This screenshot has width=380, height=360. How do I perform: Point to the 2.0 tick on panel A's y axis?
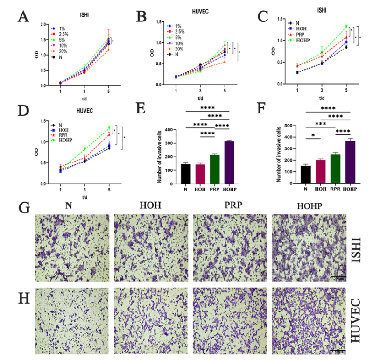pos(44,24)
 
